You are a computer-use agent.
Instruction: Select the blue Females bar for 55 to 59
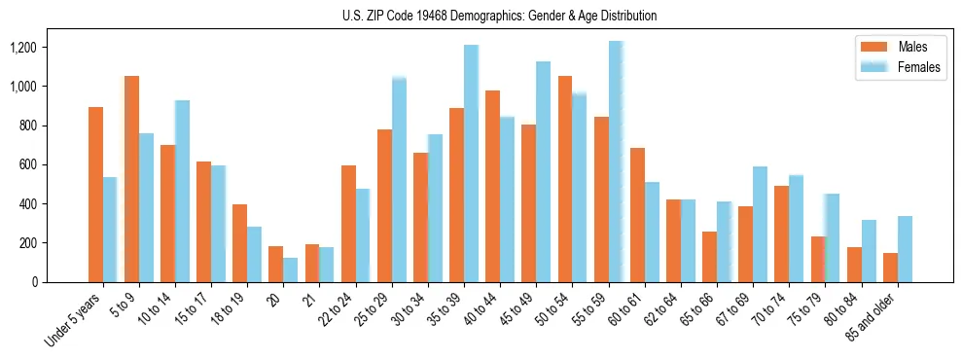[x=616, y=162]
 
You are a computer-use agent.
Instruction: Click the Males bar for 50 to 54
[x=565, y=179]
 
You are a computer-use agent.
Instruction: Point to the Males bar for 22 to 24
[x=348, y=224]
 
